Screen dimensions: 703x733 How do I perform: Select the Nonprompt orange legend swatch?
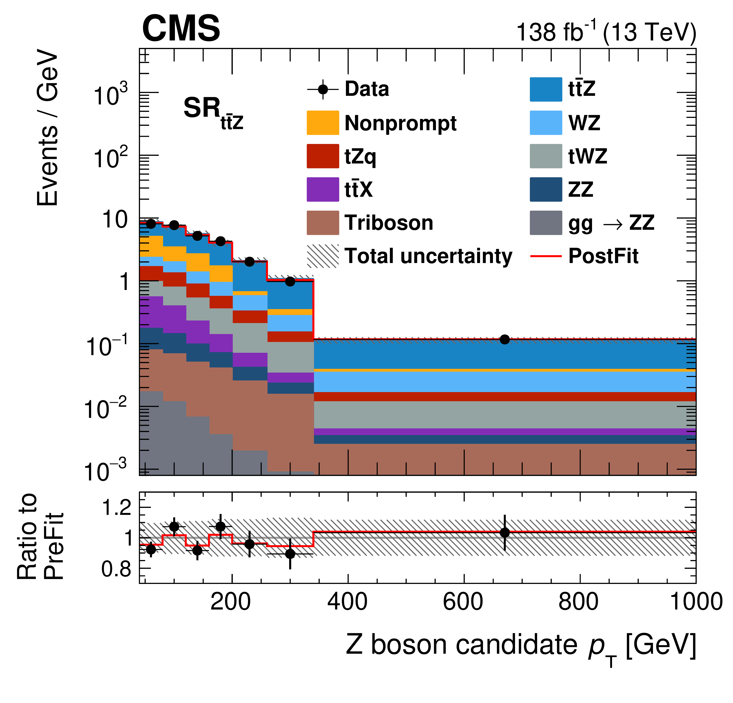[x=323, y=123]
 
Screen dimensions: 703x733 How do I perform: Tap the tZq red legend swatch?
[x=323, y=156]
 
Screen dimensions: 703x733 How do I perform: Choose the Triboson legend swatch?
[x=323, y=223]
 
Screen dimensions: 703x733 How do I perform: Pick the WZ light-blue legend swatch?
[x=546, y=123]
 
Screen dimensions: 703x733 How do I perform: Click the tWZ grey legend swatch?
[x=546, y=156]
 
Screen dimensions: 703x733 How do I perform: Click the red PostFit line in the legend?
[x=546, y=257]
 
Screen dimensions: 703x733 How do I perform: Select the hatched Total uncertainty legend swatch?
[x=323, y=257]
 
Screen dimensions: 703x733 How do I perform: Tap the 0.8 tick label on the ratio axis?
[x=116, y=569]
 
